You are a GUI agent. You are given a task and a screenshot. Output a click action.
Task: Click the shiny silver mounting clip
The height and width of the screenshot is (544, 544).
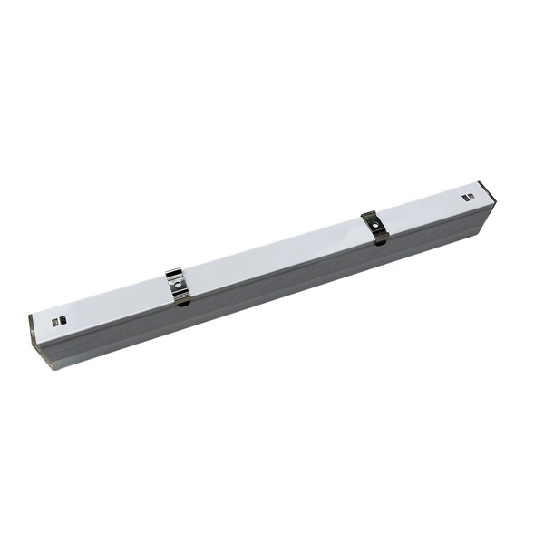pos(179,287)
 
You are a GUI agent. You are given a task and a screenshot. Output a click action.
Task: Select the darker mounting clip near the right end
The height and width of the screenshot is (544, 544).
pos(374,227)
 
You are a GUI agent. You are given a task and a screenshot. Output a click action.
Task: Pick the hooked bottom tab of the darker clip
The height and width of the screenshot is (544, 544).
pos(380,238)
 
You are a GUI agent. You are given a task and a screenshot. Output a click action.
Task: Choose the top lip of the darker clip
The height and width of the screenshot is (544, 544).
pos(368,215)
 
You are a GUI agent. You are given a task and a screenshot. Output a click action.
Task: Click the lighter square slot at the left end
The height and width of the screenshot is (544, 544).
pos(63,320)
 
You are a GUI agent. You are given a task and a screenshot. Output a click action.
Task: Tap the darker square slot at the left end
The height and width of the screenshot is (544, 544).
pos(55,322)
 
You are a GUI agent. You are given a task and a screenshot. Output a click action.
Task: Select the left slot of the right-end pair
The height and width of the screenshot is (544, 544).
pos(465,197)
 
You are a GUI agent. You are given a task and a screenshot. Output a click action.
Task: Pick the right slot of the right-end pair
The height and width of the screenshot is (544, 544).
pos(471,195)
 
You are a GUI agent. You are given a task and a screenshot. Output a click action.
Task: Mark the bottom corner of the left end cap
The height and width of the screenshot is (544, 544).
pos(45,366)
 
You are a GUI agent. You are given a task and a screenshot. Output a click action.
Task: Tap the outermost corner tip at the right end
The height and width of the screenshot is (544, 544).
pos(495,203)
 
